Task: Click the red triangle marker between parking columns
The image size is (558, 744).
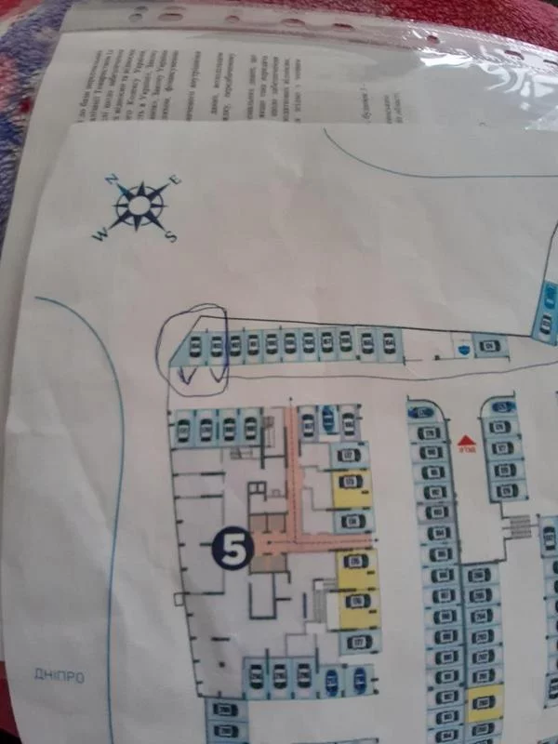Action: (465, 438)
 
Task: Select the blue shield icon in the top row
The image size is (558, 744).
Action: (462, 346)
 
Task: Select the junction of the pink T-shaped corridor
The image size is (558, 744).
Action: (297, 538)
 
